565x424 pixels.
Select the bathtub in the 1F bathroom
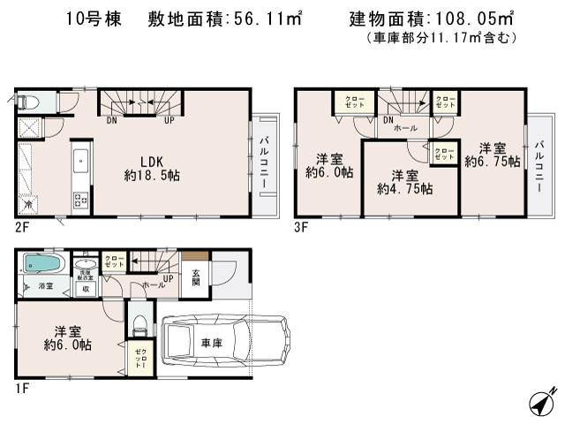(x=41, y=264)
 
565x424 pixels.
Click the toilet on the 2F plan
(x=25, y=100)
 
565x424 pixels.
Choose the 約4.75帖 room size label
(x=404, y=181)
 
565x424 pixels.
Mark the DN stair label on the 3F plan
(x=388, y=119)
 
